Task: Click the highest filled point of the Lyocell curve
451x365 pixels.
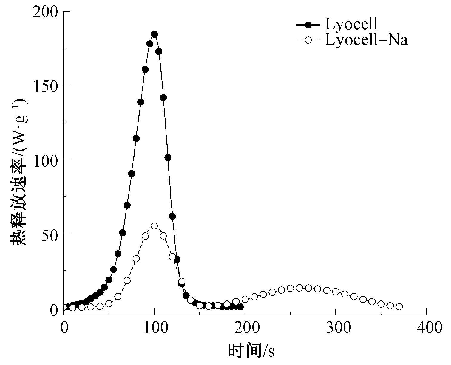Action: click(154, 34)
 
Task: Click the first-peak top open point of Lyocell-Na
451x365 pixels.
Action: click(154, 226)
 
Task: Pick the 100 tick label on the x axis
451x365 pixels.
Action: click(154, 328)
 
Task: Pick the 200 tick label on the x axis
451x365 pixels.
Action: click(245, 328)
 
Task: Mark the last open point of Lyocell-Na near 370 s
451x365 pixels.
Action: click(399, 307)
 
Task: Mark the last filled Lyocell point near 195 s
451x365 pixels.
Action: click(240, 307)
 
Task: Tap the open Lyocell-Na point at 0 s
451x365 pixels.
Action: click(64, 307)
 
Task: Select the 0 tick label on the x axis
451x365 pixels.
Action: click(64, 328)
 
